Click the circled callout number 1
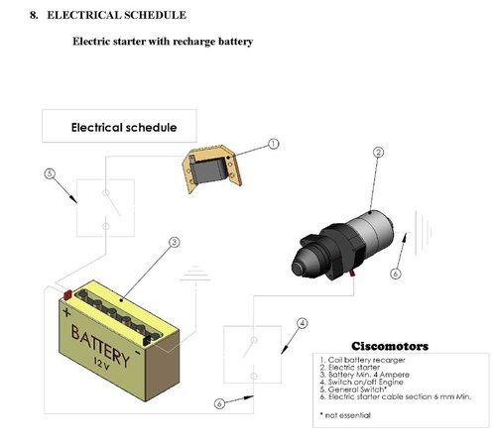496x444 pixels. click(x=273, y=144)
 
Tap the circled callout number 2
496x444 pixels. click(x=379, y=153)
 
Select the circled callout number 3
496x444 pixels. click(x=175, y=243)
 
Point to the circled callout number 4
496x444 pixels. click(x=302, y=323)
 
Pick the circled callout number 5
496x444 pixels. click(x=50, y=173)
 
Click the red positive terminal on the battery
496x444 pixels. click(x=67, y=294)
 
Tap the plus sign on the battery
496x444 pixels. click(x=66, y=312)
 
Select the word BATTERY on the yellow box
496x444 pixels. click(x=100, y=346)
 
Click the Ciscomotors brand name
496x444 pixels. click(x=390, y=346)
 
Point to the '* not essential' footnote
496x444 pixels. click(x=345, y=415)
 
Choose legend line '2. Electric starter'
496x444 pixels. click(x=350, y=368)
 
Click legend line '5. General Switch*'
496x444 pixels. click(x=353, y=389)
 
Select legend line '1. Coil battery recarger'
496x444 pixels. click(x=362, y=360)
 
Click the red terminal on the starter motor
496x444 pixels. click(x=352, y=273)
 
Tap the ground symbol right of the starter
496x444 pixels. click(x=424, y=233)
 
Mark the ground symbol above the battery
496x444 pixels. click(x=195, y=274)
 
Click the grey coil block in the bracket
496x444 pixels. click(x=209, y=170)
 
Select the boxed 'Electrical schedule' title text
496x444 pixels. click(x=124, y=128)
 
